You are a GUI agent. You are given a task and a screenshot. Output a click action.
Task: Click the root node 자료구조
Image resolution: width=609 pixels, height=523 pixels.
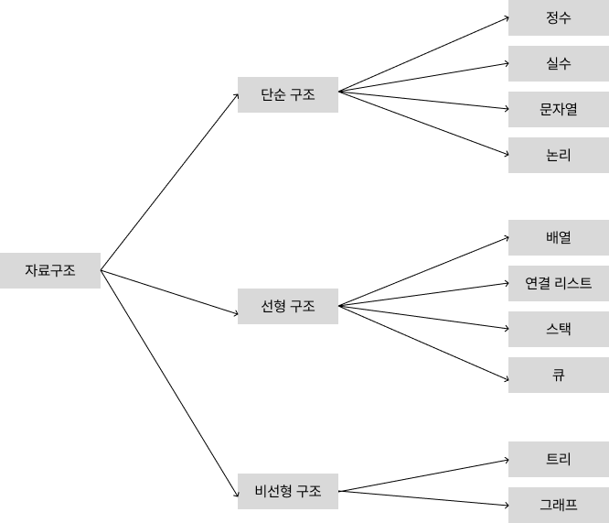tap(50, 270)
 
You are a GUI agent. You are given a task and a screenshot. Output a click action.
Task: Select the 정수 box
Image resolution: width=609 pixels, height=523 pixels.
tap(559, 17)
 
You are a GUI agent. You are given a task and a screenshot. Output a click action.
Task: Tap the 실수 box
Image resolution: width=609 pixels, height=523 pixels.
tap(559, 63)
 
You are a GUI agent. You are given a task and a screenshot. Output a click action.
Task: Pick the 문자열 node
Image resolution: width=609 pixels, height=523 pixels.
tap(559, 109)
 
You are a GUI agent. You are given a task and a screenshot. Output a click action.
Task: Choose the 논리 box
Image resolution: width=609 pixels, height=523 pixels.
tap(559, 155)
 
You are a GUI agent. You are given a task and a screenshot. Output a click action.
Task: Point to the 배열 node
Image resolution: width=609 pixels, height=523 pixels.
tap(559, 237)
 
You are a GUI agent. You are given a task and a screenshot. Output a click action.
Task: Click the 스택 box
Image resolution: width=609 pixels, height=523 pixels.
tap(559, 329)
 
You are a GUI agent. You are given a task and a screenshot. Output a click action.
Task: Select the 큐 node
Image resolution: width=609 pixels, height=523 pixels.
tap(559, 375)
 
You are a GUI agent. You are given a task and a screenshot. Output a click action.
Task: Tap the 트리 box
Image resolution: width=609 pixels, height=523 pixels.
tap(559, 459)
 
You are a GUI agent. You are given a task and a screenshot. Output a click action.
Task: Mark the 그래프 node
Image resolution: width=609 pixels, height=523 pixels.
tap(559, 505)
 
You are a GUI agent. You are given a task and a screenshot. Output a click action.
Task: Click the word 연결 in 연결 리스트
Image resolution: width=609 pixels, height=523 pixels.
tap(538, 283)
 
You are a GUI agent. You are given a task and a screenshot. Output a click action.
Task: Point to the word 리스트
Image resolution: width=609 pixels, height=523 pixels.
tap(573, 283)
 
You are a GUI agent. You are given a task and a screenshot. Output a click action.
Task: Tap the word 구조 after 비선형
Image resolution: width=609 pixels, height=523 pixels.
tap(309, 491)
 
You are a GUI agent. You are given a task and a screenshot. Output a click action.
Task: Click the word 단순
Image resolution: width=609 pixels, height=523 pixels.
tap(273, 94)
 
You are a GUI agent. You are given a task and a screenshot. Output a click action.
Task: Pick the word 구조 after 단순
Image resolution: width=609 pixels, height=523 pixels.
tap(303, 94)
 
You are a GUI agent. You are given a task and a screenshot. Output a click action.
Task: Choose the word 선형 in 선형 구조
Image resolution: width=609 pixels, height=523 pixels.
tap(273, 306)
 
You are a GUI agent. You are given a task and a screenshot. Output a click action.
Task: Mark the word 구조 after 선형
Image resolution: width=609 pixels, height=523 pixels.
tap(303, 306)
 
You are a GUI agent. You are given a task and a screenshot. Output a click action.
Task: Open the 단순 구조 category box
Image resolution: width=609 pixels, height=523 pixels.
tap(288, 94)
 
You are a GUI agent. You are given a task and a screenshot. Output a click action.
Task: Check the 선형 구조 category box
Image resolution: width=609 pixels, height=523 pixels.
tap(288, 306)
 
